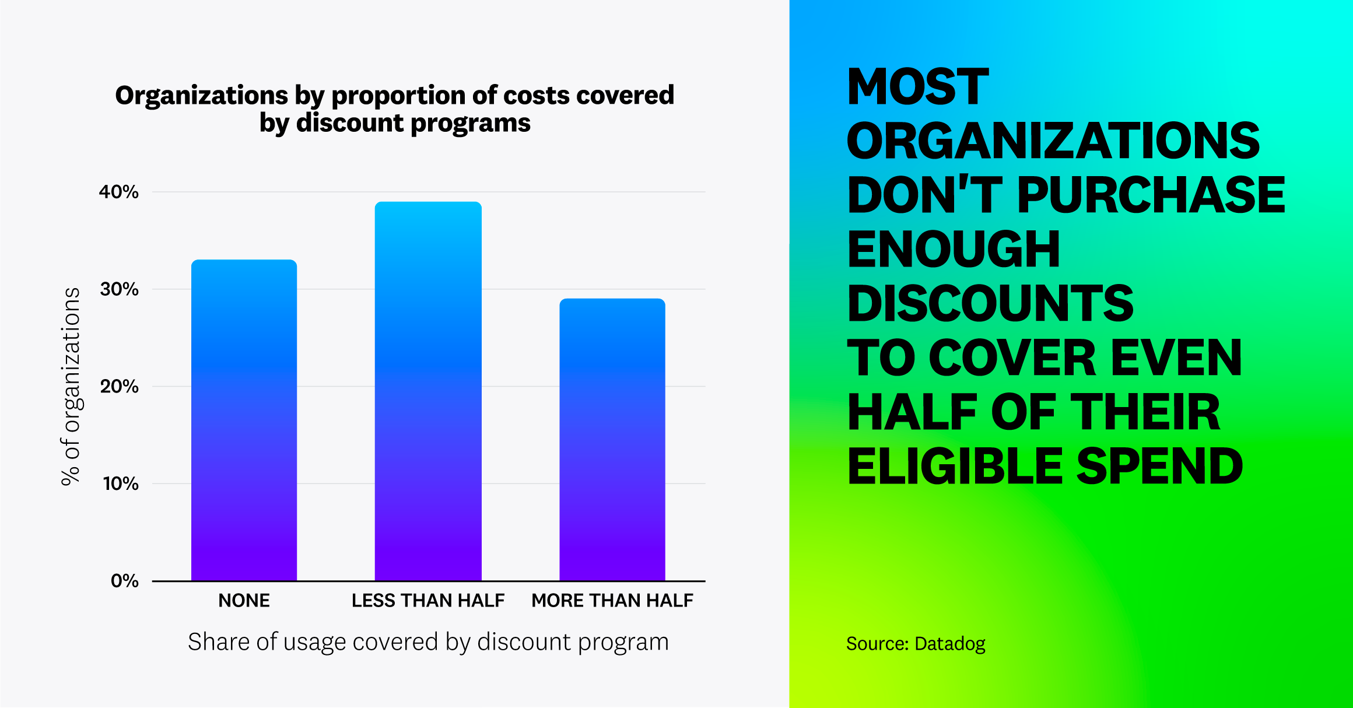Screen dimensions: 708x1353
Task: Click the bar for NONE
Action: click(x=244, y=420)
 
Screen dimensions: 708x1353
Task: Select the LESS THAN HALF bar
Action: click(x=428, y=391)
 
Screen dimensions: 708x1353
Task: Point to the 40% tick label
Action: click(x=119, y=192)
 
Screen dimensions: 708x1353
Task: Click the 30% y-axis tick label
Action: click(x=119, y=289)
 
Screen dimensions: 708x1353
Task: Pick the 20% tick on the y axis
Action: click(x=119, y=386)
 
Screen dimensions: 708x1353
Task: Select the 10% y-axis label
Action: click(x=120, y=483)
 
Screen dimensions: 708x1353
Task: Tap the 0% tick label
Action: click(x=124, y=581)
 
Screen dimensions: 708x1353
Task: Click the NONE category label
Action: click(x=244, y=601)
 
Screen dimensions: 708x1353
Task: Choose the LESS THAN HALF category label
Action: click(x=428, y=601)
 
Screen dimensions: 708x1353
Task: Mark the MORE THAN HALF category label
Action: click(x=612, y=601)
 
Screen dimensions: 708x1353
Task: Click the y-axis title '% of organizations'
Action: click(x=71, y=386)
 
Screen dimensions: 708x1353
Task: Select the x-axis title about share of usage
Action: click(x=428, y=642)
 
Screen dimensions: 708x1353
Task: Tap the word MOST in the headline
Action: click(x=917, y=87)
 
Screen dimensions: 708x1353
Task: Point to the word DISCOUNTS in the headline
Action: click(x=990, y=304)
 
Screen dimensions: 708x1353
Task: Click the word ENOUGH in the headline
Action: click(x=954, y=250)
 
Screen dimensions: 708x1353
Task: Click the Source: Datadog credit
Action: click(x=916, y=644)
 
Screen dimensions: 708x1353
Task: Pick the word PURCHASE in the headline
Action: click(x=1151, y=195)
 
